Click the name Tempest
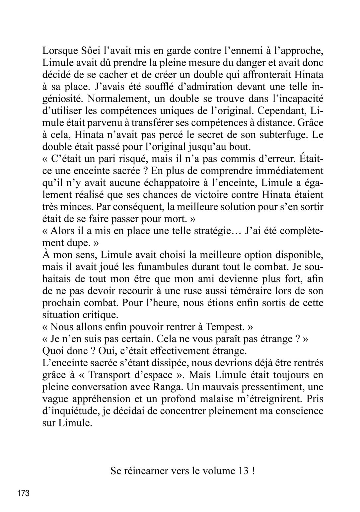point(224,327)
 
